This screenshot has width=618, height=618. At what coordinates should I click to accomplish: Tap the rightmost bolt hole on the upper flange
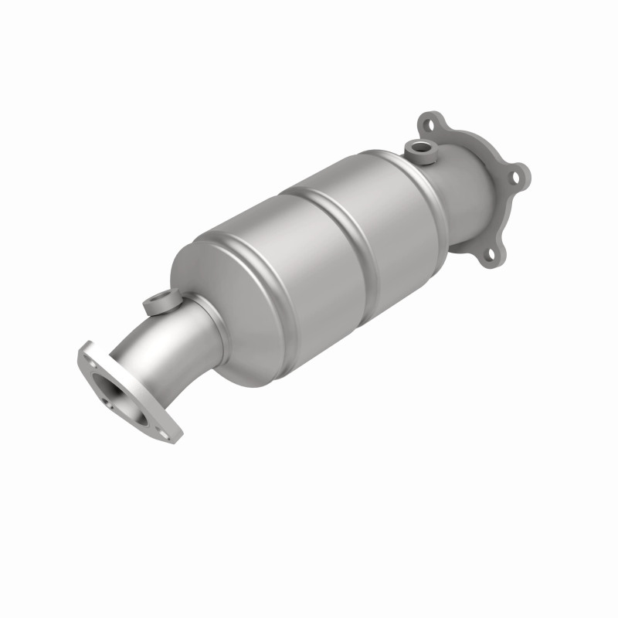514,177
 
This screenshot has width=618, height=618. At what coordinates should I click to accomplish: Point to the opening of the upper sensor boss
421,144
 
